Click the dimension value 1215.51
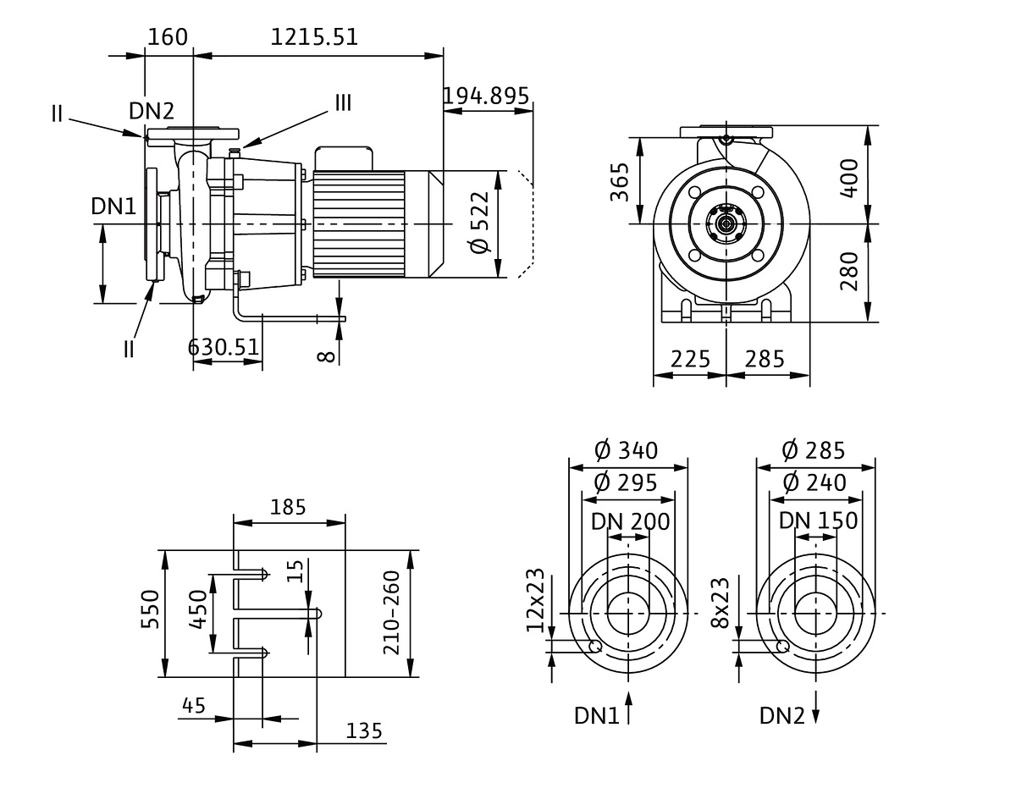click(314, 37)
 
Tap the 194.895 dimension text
click(486, 96)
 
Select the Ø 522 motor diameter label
click(479, 223)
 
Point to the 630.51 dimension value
click(224, 346)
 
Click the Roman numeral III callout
click(342, 103)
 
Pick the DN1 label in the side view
click(113, 206)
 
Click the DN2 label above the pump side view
click(152, 110)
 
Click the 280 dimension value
click(850, 272)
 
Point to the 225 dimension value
click(690, 359)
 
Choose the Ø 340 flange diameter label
click(626, 450)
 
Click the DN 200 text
click(631, 521)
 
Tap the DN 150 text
click(818, 521)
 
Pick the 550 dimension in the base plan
click(149, 614)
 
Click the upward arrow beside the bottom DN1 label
click(629, 708)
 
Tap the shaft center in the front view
click(726, 223)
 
